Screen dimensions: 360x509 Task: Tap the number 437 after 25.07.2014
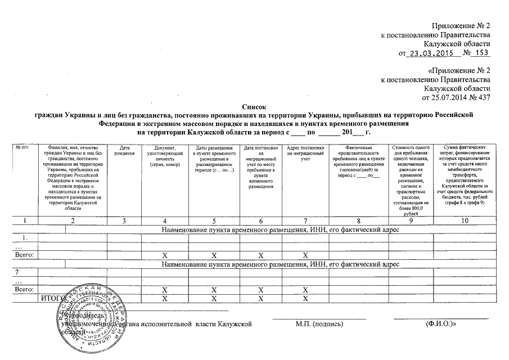pos(483,97)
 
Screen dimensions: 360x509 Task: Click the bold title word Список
pos(254,106)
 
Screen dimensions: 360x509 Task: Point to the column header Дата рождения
pos(127,150)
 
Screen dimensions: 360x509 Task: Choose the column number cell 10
pos(464,221)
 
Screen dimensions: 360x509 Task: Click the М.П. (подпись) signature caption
pos(318,325)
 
